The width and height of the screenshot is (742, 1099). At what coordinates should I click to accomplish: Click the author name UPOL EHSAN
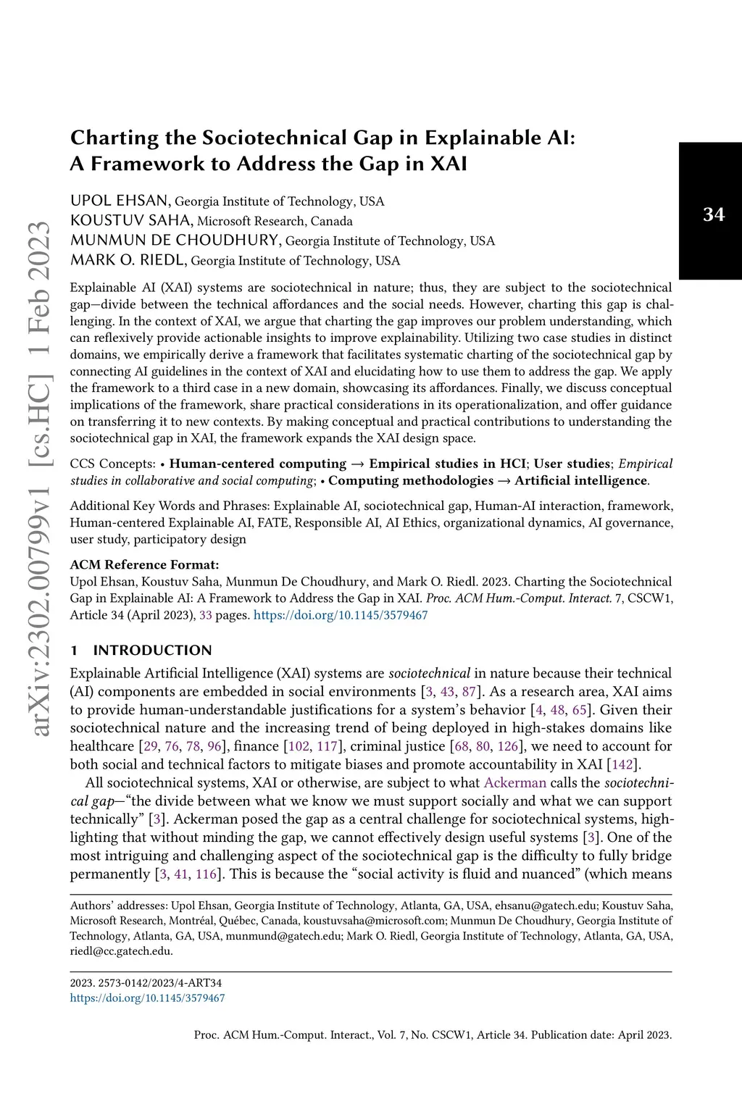[120, 201]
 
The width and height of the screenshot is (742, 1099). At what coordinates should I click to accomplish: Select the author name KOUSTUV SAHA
[131, 220]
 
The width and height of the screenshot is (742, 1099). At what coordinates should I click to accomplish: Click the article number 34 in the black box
[713, 214]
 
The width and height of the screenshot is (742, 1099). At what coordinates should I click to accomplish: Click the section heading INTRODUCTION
[152, 650]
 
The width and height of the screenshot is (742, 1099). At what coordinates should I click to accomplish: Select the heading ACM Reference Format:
[144, 564]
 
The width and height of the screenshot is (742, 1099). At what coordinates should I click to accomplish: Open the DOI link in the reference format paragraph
[341, 615]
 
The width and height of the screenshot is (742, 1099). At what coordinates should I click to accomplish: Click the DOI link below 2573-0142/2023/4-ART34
[147, 998]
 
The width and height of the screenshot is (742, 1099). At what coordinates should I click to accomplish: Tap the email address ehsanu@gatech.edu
[546, 905]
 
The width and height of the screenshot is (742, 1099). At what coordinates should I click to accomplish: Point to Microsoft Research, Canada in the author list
[275, 221]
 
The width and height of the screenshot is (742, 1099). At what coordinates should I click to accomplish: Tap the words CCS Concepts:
[112, 464]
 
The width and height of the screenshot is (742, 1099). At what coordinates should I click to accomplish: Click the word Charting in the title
[114, 138]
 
